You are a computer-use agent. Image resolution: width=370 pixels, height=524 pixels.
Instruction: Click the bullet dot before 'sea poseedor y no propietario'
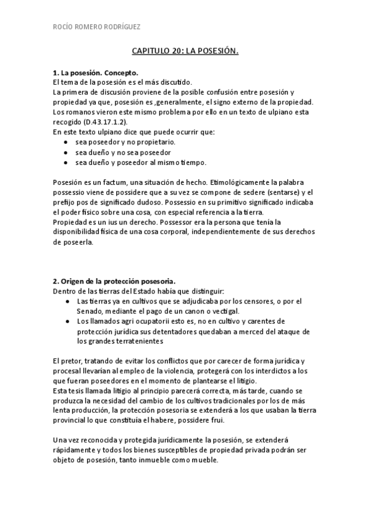pos(66,142)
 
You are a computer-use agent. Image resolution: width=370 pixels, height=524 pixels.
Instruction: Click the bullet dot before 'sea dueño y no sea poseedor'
pos(66,152)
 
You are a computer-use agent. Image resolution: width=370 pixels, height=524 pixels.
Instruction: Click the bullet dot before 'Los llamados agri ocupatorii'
pos(66,321)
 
